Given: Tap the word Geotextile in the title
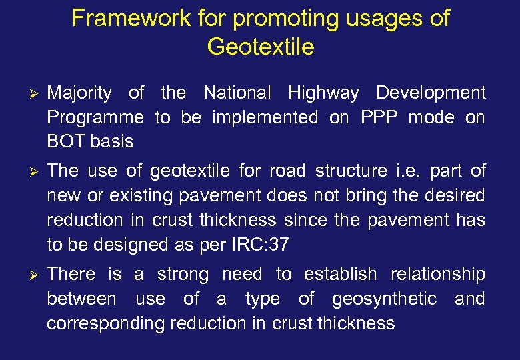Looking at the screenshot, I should point(260,47).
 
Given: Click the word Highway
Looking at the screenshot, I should point(323,93).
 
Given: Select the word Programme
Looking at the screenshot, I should point(95,118).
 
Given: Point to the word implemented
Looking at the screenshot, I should point(265,117).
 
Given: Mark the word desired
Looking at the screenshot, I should point(453,196).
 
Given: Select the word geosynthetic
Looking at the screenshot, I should point(385,299).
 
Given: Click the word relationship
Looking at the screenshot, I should point(437,275).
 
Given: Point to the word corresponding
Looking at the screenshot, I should point(105,324).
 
